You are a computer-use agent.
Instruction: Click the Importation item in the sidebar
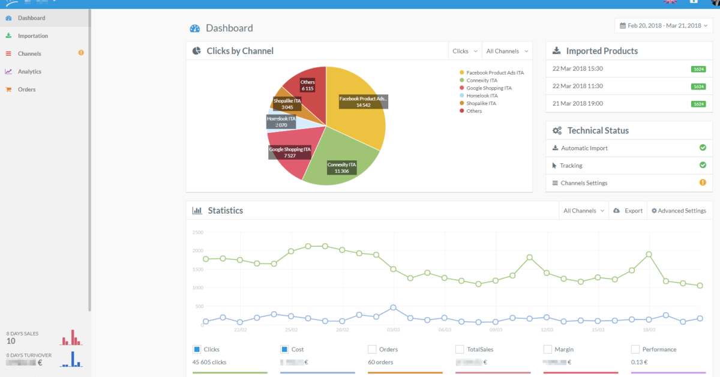32,36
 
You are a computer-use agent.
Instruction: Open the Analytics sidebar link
29,71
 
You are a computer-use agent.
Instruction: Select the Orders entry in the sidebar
26,89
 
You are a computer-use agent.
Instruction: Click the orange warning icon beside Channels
81,53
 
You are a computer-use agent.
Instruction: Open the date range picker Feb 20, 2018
664,26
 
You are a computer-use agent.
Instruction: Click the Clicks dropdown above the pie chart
465,51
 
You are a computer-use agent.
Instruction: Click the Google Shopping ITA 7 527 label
289,152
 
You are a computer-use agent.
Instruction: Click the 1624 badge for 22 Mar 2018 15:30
698,69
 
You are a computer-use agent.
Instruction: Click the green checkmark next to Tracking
703,165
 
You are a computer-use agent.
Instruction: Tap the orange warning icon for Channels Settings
703,182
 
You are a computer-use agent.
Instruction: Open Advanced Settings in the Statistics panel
679,211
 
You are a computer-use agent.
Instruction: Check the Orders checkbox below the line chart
372,349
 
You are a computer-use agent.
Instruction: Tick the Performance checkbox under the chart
635,349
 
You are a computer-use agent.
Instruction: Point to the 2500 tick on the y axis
197,232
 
